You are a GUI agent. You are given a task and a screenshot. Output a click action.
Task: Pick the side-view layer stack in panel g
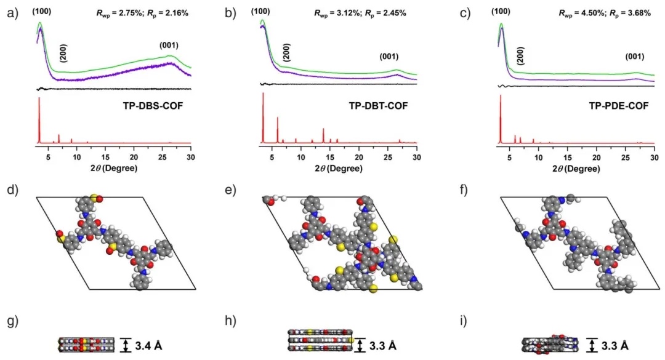click(86, 345)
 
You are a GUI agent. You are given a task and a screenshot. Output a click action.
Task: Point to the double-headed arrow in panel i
click(592, 345)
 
